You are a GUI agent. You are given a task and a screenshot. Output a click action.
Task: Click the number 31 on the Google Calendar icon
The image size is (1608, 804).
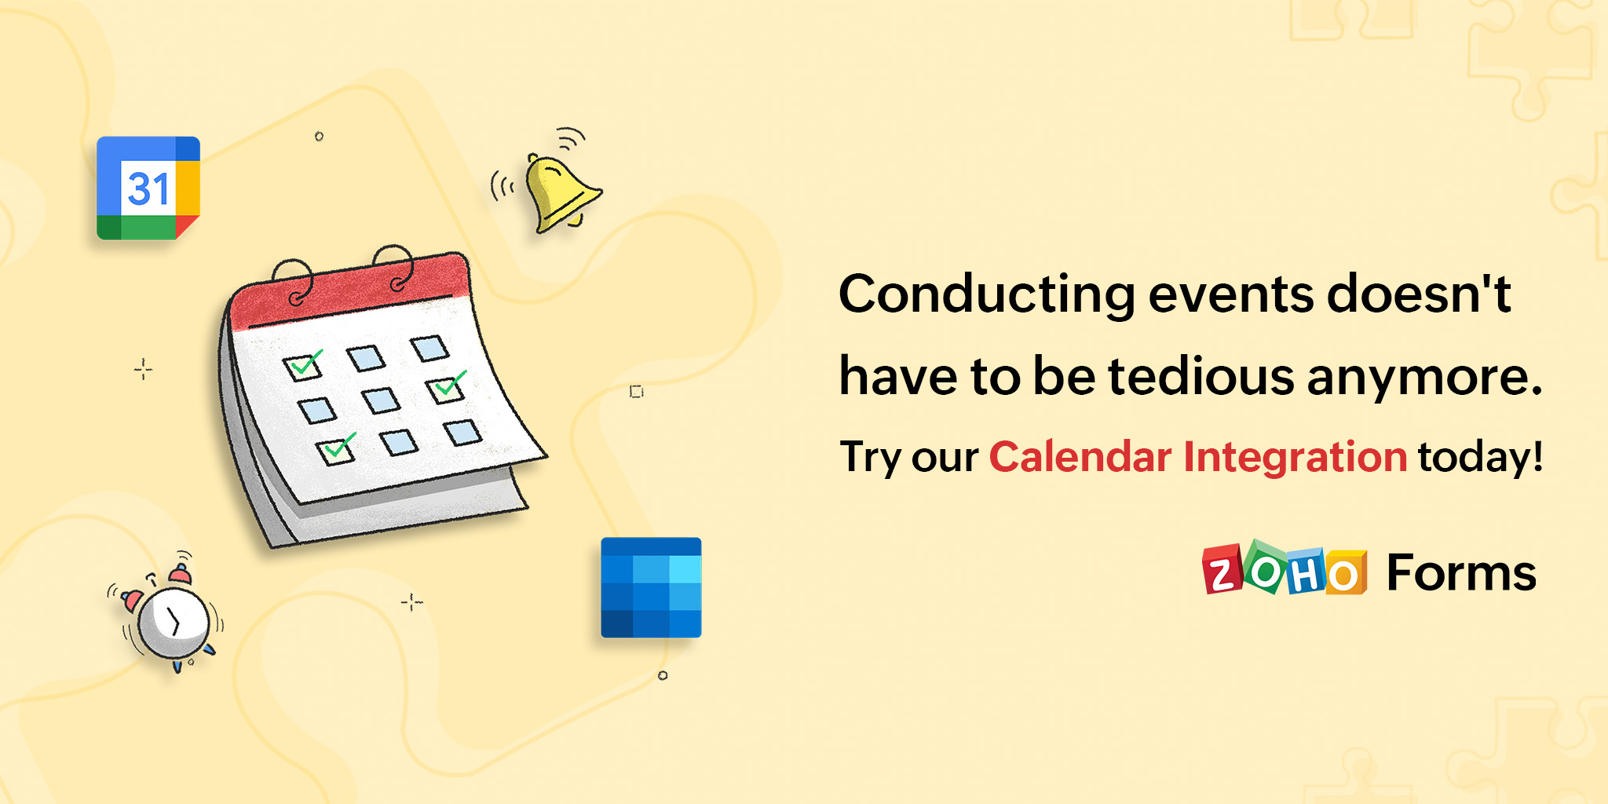tap(148, 189)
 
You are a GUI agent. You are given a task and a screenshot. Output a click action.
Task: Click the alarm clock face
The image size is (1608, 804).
tap(174, 623)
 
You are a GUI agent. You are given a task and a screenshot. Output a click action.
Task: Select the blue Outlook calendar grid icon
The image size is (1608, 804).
tap(651, 587)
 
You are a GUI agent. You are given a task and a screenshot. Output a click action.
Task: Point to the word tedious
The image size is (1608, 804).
tap(1201, 376)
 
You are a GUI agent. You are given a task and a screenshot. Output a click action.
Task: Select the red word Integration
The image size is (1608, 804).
tap(1295, 458)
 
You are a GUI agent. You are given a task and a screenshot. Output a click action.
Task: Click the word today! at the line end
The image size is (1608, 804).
tap(1480, 458)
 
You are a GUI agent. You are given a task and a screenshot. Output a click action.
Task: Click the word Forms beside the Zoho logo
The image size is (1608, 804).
tap(1461, 572)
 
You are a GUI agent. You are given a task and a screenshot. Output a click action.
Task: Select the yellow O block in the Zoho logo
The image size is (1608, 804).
tap(1345, 574)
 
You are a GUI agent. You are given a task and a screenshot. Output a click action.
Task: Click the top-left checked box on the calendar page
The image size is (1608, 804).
tap(303, 366)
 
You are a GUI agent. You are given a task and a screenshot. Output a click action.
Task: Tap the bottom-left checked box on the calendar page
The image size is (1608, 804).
tap(337, 450)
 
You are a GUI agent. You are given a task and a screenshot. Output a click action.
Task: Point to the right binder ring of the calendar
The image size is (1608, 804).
tap(395, 267)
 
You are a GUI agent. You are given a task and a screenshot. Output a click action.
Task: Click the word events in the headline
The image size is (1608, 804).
tap(1230, 294)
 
